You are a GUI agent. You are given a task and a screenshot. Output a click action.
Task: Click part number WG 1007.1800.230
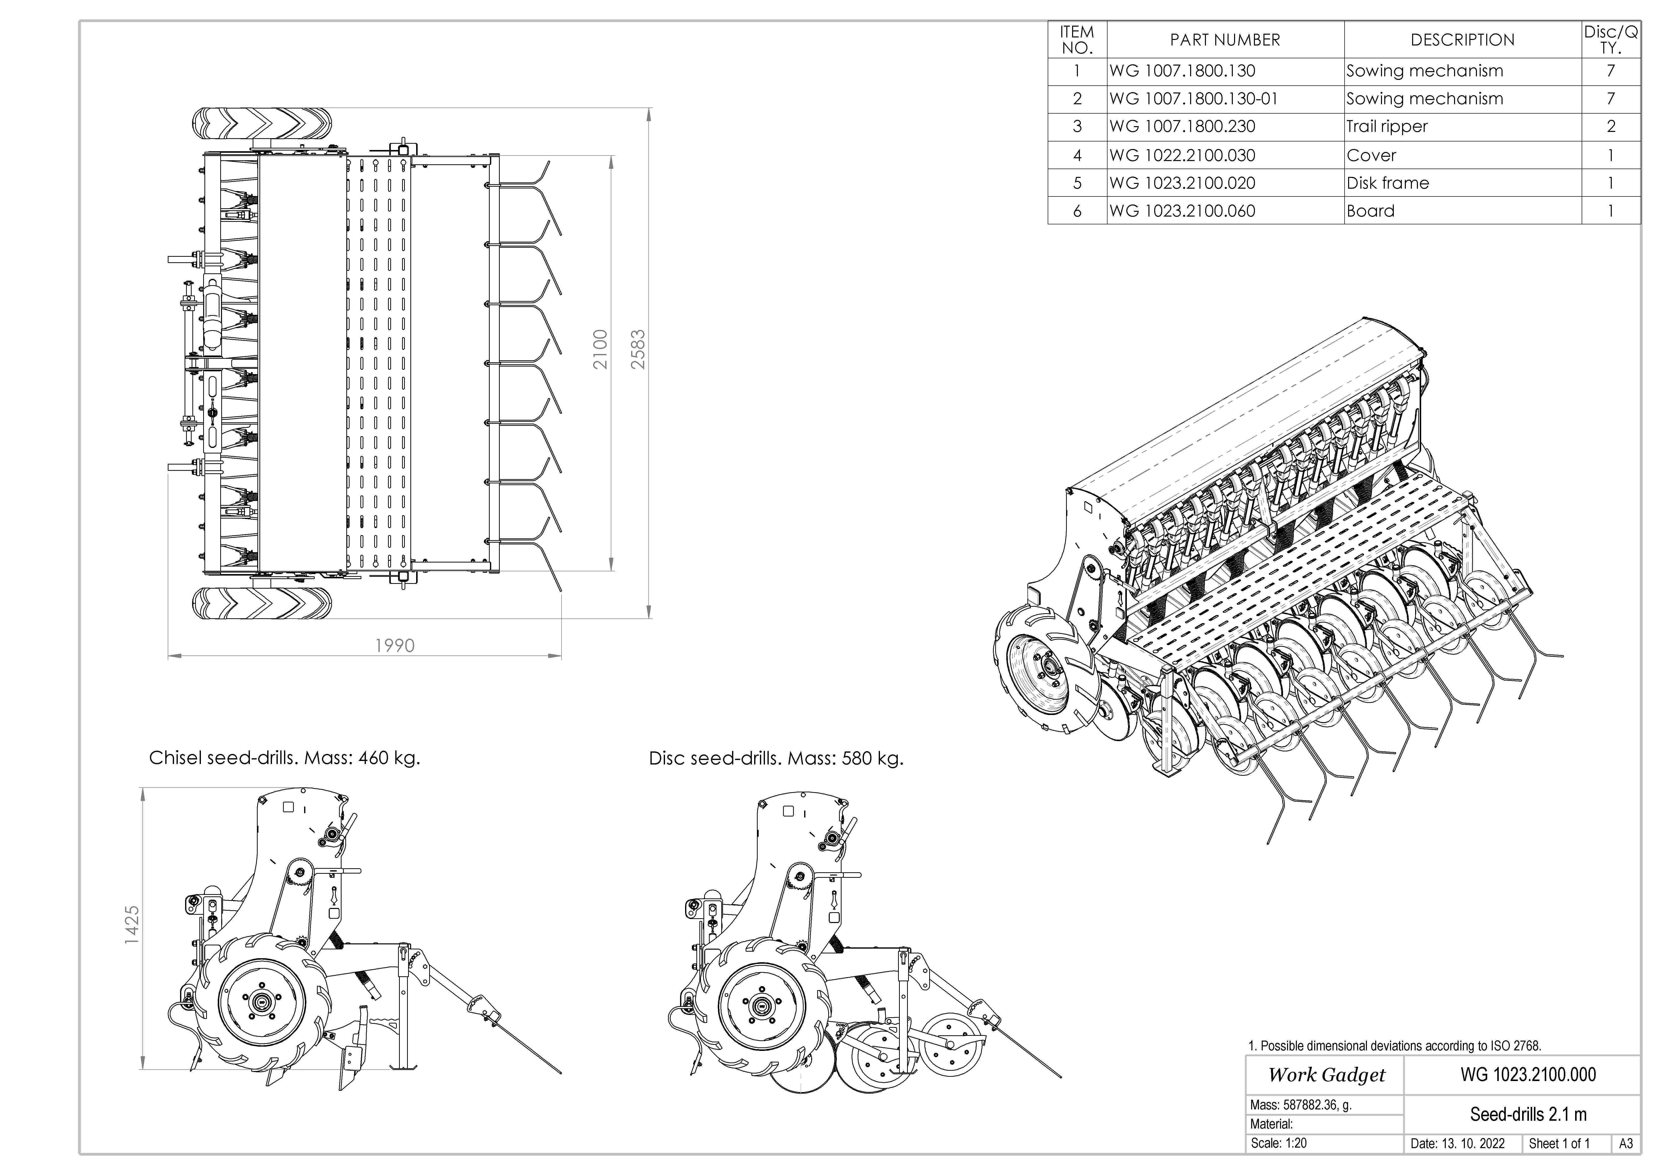click(1182, 127)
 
